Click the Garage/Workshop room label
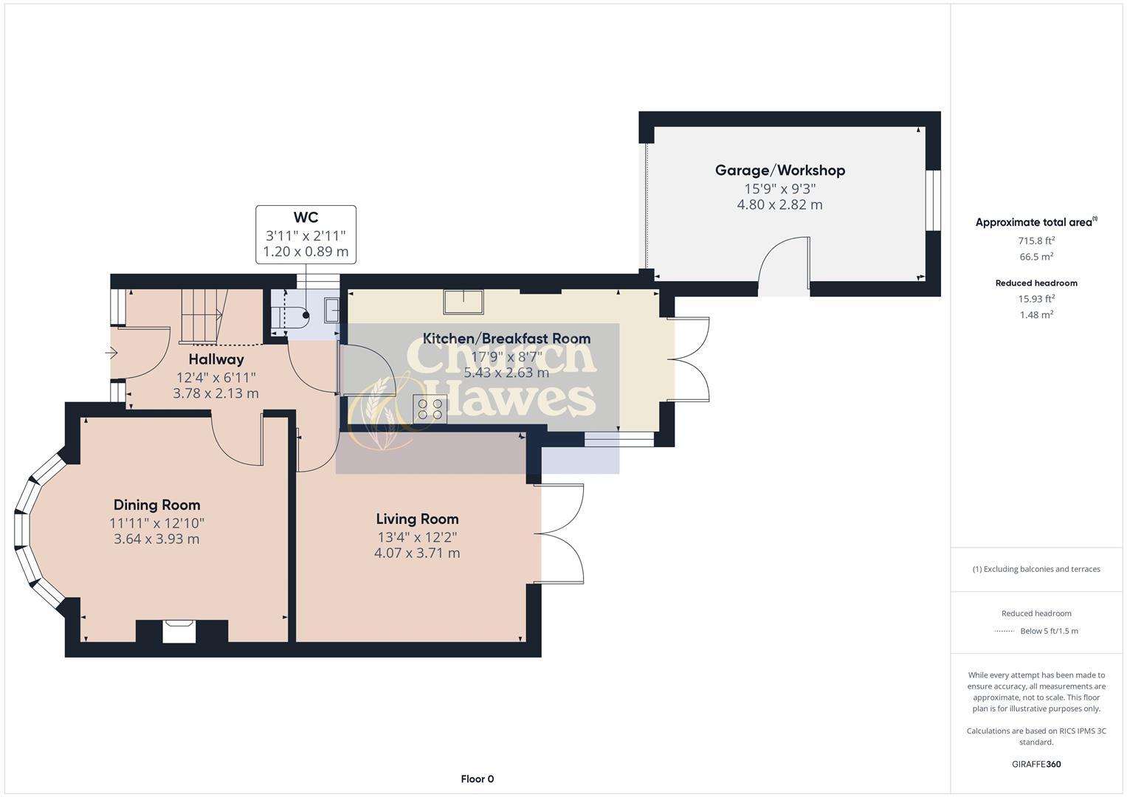point(779,170)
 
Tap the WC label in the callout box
point(306,217)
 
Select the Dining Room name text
point(156,505)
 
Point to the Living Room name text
point(417,519)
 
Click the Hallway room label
point(216,359)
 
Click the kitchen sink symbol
point(463,302)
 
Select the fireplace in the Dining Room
point(179,632)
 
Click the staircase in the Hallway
point(201,316)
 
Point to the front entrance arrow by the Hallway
point(111,353)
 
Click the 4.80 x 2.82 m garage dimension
point(779,204)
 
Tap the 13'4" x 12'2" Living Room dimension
point(417,536)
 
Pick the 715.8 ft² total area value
point(1035,241)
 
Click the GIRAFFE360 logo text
point(1035,764)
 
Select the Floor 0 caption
point(477,779)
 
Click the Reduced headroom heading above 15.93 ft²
point(1035,283)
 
